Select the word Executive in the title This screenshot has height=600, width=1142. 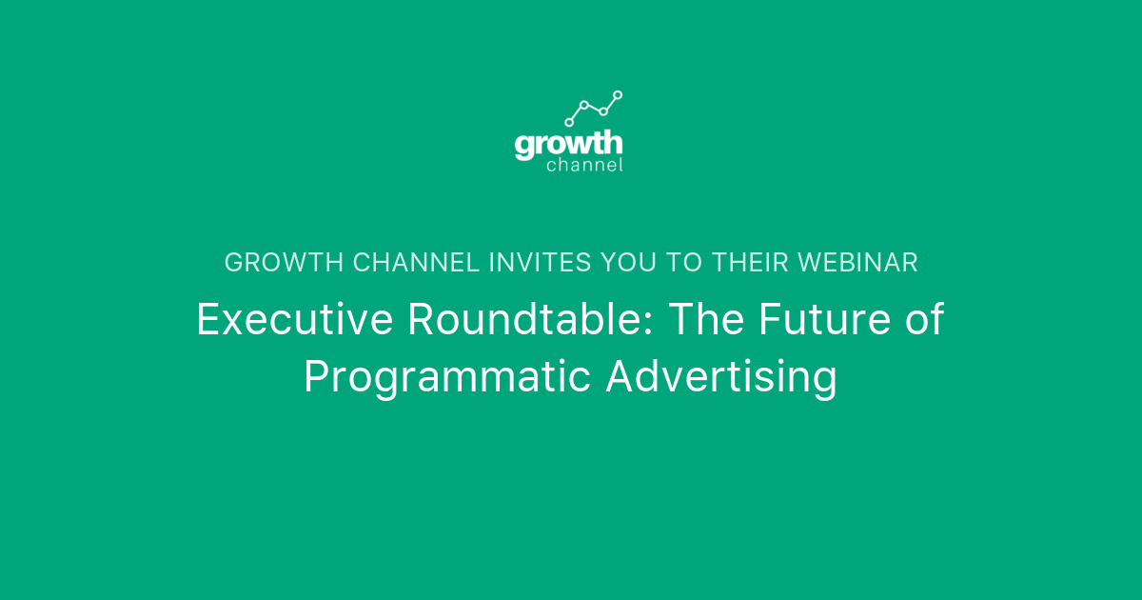coord(294,320)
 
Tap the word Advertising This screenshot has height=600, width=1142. coord(722,377)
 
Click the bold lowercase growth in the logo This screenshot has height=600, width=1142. coord(568,145)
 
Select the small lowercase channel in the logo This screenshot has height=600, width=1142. coord(584,166)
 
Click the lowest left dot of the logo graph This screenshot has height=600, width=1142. coord(569,122)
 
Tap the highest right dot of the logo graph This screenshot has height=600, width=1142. coord(618,94)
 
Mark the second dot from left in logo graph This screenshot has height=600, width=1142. coord(584,105)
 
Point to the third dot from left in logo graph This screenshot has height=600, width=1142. coord(603,111)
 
